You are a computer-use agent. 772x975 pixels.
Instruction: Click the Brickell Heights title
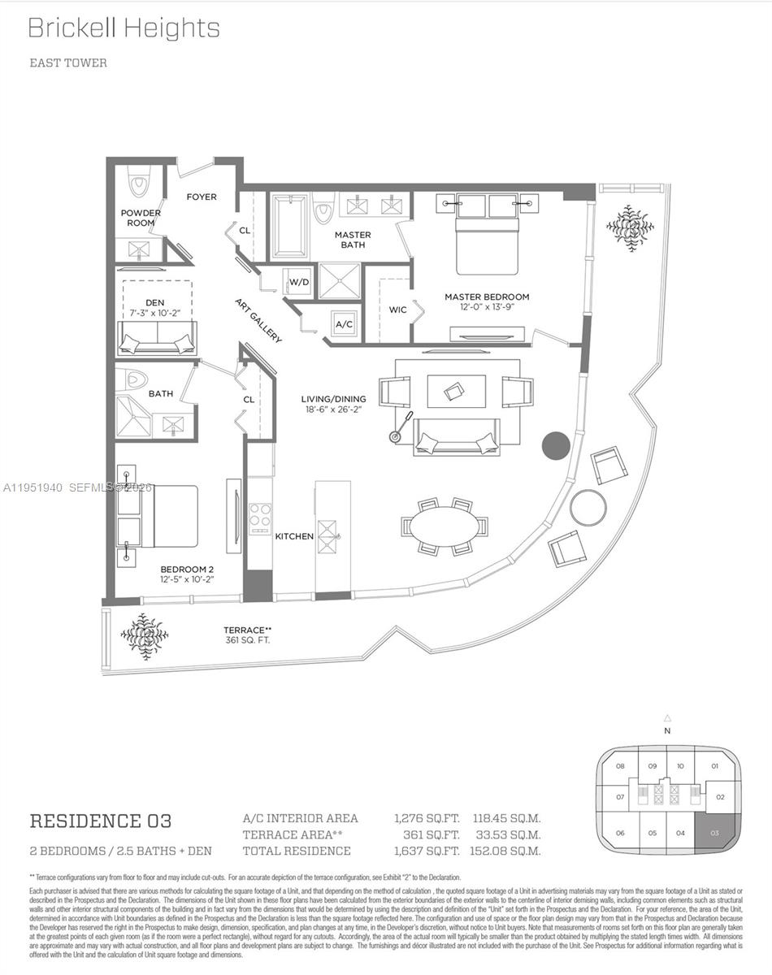pyautogui.click(x=124, y=28)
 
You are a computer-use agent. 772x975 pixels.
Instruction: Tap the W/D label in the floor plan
pyautogui.click(x=298, y=282)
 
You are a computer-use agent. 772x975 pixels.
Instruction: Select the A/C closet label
pyautogui.click(x=344, y=324)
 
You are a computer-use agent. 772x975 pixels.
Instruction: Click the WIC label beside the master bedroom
pyautogui.click(x=397, y=310)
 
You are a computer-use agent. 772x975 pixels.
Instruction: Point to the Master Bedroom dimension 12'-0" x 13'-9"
pyautogui.click(x=486, y=307)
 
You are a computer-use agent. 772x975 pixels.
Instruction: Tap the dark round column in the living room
pyautogui.click(x=556, y=445)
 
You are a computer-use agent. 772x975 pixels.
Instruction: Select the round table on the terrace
pyautogui.click(x=588, y=507)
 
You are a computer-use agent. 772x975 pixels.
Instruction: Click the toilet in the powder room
pyautogui.click(x=139, y=184)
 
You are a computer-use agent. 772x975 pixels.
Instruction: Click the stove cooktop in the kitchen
pyautogui.click(x=260, y=515)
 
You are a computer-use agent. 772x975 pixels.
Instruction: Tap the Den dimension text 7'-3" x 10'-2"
pyautogui.click(x=154, y=313)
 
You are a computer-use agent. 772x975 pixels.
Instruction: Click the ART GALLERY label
pyautogui.click(x=258, y=320)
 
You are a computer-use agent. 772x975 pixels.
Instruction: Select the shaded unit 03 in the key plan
pyautogui.click(x=714, y=833)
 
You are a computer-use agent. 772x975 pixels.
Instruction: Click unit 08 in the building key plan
pyautogui.click(x=619, y=766)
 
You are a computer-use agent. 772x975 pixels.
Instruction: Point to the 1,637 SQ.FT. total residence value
pyautogui.click(x=427, y=851)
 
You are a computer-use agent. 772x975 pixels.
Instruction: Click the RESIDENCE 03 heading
pyautogui.click(x=100, y=821)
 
